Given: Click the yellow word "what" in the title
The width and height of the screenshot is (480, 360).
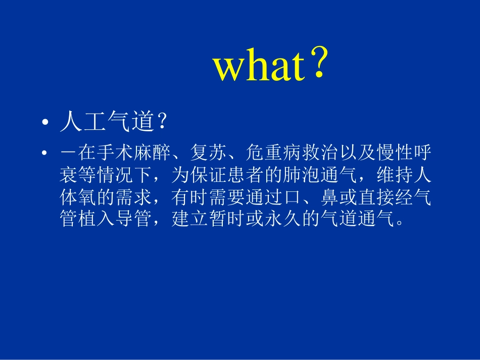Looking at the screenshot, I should pyautogui.click(x=259, y=68).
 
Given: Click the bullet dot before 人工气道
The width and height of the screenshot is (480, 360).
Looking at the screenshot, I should pyautogui.click(x=45, y=124).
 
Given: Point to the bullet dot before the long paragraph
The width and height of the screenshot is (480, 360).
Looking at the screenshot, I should pyautogui.click(x=45, y=152).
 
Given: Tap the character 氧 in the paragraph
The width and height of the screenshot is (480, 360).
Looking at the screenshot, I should pyautogui.click(x=87, y=197).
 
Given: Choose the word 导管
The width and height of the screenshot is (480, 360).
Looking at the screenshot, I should pyautogui.click(x=134, y=220).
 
